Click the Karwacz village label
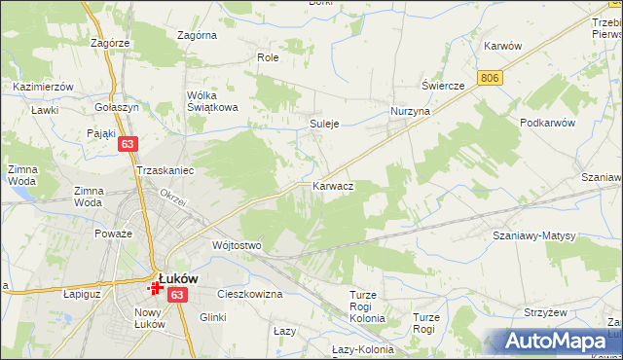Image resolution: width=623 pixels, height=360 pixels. (x=333, y=185)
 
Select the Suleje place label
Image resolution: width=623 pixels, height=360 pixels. (x=323, y=125)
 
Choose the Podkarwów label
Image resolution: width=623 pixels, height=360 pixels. (x=549, y=123)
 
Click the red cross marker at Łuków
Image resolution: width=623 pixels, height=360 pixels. (x=156, y=287)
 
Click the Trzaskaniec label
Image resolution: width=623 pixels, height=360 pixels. (x=165, y=170)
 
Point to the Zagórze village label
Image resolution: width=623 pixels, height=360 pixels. (x=110, y=44)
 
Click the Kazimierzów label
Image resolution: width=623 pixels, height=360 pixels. (x=44, y=87)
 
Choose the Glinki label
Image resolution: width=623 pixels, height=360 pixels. (x=212, y=317)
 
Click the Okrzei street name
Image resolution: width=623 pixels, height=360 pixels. (x=173, y=194)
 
